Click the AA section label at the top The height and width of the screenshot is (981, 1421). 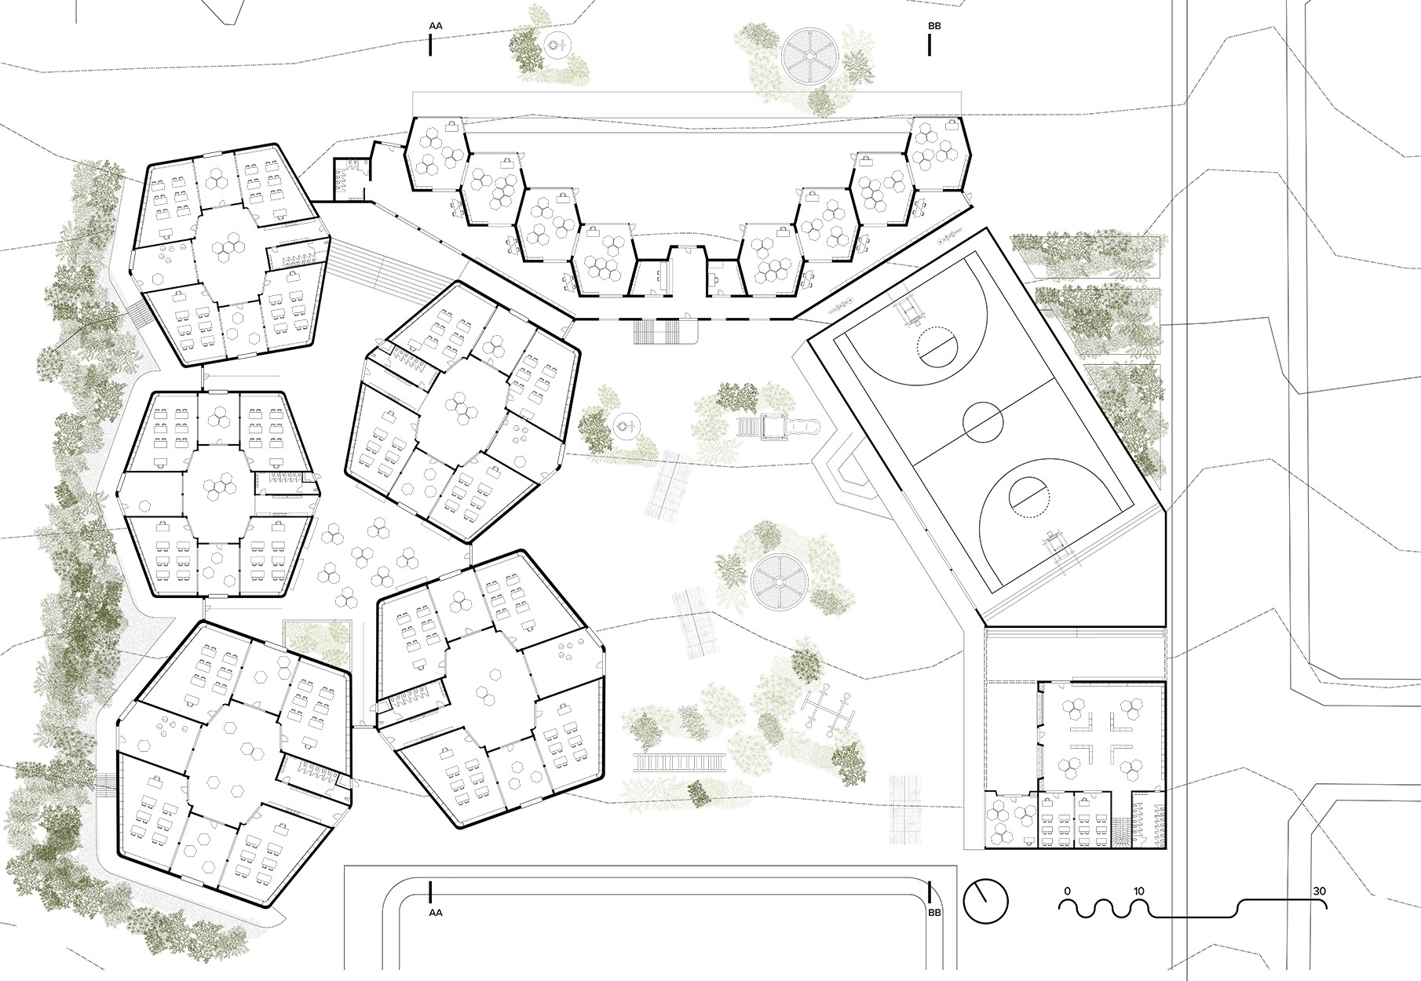[436, 26]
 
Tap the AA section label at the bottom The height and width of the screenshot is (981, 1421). [436, 913]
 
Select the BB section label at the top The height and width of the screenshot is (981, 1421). [934, 26]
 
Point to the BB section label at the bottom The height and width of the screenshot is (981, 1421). [934, 913]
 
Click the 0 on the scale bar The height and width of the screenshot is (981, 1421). [1067, 892]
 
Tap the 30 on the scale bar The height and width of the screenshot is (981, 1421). [1320, 892]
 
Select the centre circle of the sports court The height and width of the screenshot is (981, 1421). [984, 423]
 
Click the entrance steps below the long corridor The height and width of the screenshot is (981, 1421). [665, 333]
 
